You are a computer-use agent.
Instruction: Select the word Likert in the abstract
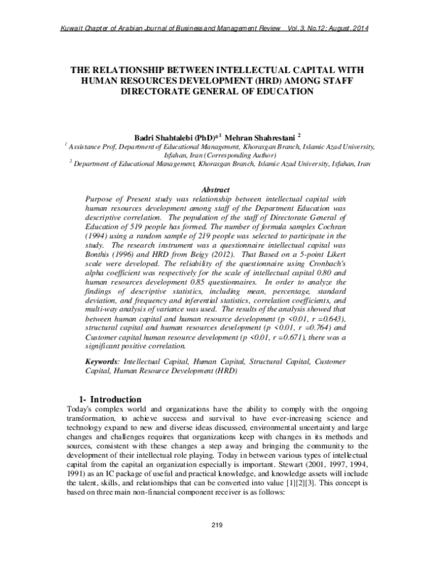click(337, 255)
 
